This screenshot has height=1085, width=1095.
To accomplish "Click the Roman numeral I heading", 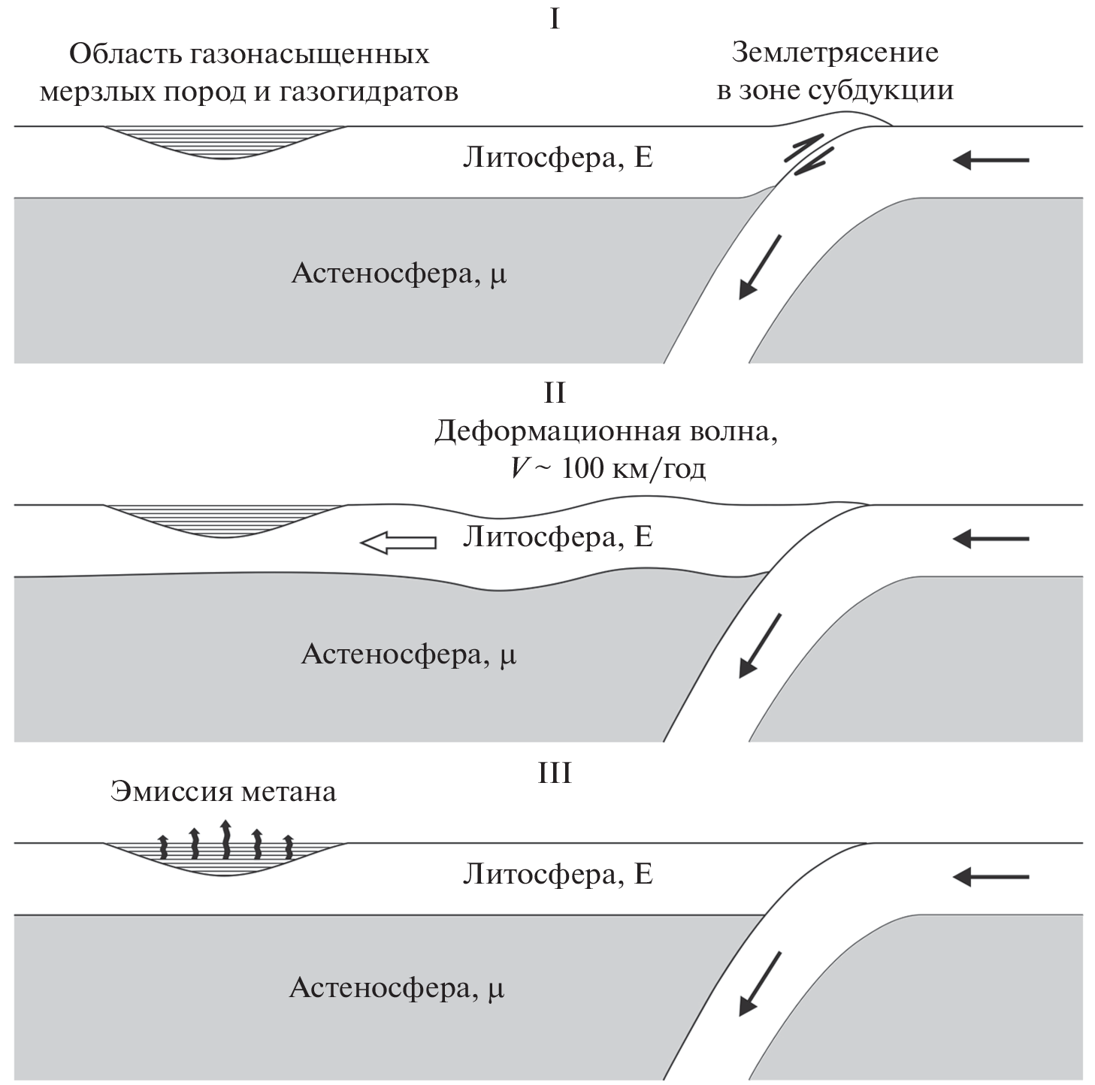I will [x=555, y=18].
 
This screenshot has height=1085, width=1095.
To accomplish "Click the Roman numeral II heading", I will [x=555, y=394].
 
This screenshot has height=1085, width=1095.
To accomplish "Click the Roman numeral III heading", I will [x=555, y=773].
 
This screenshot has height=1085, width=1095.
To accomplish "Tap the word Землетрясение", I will [x=834, y=53].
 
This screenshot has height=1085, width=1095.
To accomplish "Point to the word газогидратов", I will [x=368, y=92].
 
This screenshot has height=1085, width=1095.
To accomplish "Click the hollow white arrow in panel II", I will [x=398, y=542].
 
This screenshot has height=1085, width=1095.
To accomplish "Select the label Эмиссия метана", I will [x=223, y=792].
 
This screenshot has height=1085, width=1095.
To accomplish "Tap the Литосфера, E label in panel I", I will [x=557, y=159].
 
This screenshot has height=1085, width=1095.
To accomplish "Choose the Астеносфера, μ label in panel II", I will [x=408, y=654].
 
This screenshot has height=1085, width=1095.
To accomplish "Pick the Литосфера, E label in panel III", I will [x=557, y=875].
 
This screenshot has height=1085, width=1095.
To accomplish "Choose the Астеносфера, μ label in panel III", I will [x=397, y=988].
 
